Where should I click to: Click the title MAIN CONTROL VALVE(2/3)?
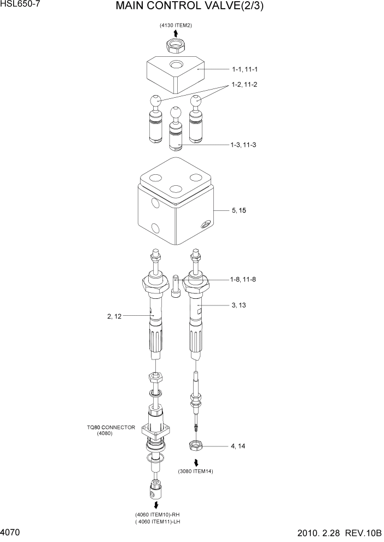pos(192,8)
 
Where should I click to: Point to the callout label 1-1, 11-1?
pos(245,69)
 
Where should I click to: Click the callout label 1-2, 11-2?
pos(245,85)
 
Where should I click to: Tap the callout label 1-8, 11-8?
pos(243,279)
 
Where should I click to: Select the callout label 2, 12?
pos(117,316)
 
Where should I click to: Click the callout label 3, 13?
pos(239,305)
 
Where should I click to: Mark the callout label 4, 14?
pos(238,446)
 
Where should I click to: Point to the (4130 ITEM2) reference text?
pos(176,26)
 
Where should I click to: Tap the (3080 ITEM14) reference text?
pos(195,471)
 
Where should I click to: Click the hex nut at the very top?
pos(176,45)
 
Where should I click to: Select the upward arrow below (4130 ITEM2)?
pos(176,34)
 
